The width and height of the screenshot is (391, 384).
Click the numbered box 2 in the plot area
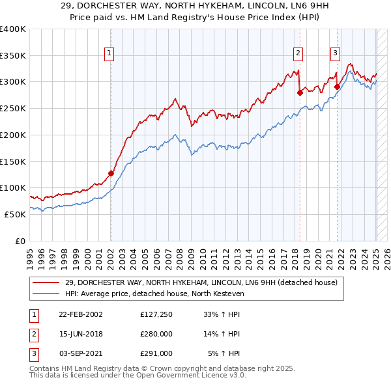point(298,54)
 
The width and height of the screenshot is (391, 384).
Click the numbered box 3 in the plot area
point(335,54)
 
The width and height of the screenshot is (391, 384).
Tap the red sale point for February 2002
point(111,173)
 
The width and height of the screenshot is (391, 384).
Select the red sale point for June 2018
point(300,92)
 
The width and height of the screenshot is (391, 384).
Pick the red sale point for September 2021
point(337,87)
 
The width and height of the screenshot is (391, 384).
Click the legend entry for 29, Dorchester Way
point(201,282)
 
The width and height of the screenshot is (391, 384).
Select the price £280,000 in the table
point(156,335)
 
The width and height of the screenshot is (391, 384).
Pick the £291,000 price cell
point(156,353)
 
